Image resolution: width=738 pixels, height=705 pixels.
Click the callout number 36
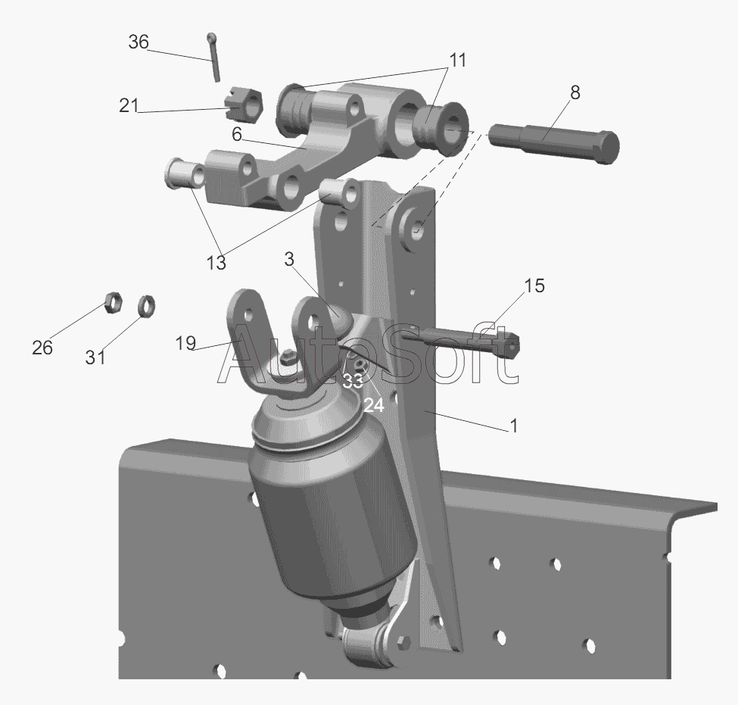[x=139, y=42]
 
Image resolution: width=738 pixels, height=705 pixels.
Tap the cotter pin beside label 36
[x=213, y=58]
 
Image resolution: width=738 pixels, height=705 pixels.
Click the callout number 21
[x=129, y=105]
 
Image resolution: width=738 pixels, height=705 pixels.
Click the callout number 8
[x=575, y=93]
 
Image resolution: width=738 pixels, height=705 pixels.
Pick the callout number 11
[x=457, y=61]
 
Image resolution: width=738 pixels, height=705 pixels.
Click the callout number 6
[x=237, y=135]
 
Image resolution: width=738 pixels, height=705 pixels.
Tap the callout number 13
[x=216, y=263]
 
